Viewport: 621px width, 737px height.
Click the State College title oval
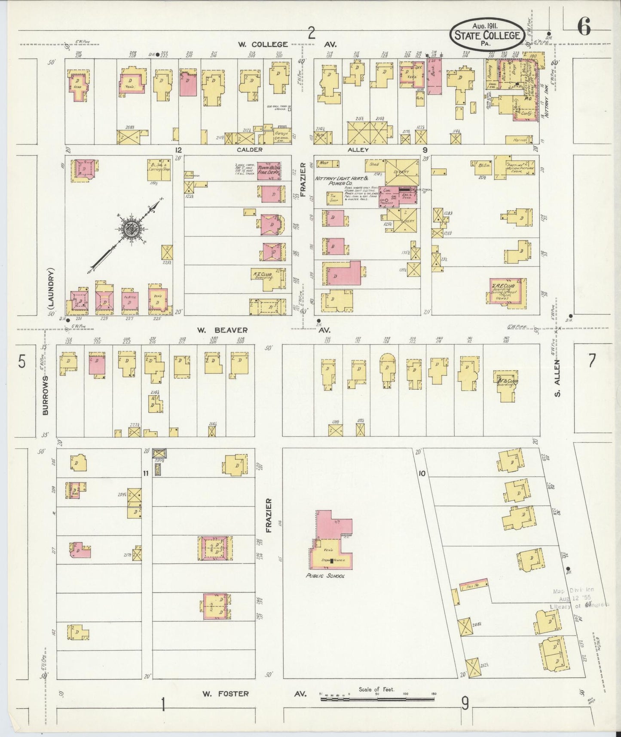(x=487, y=34)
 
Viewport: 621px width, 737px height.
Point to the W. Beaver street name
(x=222, y=330)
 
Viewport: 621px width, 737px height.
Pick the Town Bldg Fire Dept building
(x=269, y=172)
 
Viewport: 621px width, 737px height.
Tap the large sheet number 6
(x=584, y=28)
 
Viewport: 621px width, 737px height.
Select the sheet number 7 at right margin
(x=592, y=361)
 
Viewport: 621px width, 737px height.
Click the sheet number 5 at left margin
(x=21, y=362)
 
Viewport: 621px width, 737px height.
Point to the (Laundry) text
(x=51, y=289)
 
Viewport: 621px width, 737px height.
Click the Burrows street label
(x=46, y=395)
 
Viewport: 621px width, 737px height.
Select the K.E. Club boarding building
(x=268, y=279)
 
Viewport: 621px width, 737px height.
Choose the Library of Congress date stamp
(x=578, y=598)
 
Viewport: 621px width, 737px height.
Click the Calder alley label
(x=249, y=150)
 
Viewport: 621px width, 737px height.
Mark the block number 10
(x=422, y=473)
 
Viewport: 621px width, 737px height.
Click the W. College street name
(x=263, y=44)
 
